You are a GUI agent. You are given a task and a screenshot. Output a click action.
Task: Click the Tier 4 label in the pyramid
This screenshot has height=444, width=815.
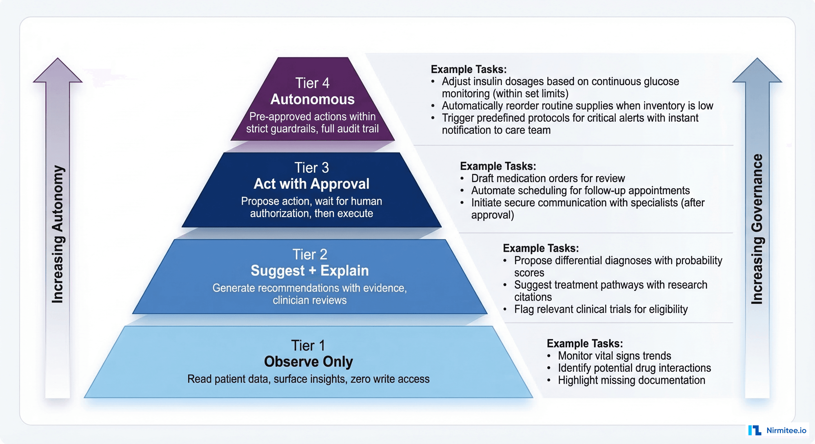(312, 83)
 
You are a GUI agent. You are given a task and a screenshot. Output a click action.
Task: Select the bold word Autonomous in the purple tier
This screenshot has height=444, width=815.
(312, 99)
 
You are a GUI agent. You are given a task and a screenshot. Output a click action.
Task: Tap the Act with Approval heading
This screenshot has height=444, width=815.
(311, 184)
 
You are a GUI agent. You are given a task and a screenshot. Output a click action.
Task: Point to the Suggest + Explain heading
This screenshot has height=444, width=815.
(310, 271)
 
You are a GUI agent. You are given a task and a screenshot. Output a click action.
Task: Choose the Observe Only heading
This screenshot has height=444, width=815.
(309, 362)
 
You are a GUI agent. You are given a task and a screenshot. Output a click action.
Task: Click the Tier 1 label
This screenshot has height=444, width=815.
(308, 345)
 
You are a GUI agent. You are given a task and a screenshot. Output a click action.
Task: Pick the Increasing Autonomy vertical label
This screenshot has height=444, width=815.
(58, 234)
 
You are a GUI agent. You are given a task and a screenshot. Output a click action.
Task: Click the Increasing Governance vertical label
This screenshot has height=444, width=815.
(757, 229)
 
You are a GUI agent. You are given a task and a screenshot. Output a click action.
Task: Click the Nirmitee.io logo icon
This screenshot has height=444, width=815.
(755, 430)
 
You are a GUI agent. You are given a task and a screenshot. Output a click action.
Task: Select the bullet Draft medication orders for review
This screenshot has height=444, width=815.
(548, 179)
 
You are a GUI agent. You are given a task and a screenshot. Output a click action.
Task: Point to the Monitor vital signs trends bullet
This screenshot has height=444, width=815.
(614, 356)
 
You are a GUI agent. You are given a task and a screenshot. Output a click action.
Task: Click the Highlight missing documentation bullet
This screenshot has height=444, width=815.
(632, 380)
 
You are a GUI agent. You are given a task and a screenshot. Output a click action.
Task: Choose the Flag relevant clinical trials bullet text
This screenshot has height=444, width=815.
(601, 309)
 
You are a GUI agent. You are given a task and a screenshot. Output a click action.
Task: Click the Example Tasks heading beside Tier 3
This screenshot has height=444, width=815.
(498, 166)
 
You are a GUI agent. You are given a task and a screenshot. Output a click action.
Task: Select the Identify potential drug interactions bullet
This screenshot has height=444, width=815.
(634, 368)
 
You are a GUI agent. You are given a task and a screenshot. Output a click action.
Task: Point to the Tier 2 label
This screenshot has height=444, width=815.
(310, 254)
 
